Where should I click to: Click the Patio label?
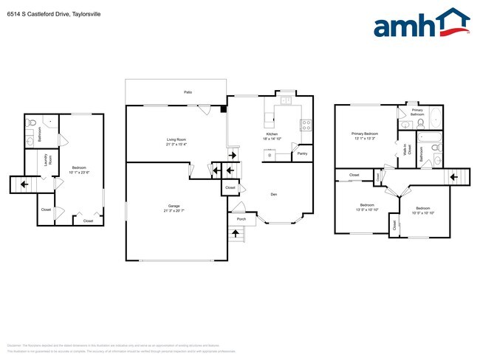pos(188,92)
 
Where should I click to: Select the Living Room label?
pos(176,141)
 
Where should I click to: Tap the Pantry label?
pos(302,153)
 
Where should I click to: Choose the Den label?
pos(273,194)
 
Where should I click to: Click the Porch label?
pos(241,219)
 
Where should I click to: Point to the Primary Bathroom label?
pos(416,112)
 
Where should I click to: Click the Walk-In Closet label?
pos(405,150)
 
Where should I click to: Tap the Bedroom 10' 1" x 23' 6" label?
pos(79,169)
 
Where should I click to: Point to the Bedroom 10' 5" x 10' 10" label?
pos(422,210)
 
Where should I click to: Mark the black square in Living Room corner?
pos(222,110)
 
